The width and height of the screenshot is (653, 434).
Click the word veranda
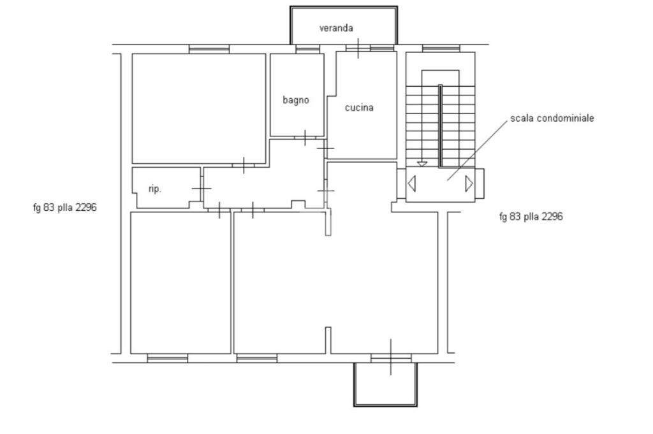[336, 28]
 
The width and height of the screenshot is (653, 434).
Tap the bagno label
[296, 100]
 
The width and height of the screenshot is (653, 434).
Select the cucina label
[359, 108]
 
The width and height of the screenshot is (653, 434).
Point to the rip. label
[154, 189]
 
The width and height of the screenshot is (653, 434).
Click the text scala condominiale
[552, 118]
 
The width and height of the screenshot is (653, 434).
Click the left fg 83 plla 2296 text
[64, 207]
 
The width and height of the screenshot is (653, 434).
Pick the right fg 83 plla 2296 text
[531, 217]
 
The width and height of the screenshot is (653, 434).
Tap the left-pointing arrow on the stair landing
[411, 184]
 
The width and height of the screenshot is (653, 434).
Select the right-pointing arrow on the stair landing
[469, 184]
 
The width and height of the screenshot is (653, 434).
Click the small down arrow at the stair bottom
[422, 164]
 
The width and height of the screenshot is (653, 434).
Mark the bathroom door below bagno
[305, 138]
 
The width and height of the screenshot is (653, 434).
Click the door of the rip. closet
[201, 189]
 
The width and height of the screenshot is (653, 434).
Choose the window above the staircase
[441, 48]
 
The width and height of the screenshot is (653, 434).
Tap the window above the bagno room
[308, 49]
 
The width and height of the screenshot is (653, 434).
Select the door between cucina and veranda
[358, 48]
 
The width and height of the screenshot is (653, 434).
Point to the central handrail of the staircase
[440, 126]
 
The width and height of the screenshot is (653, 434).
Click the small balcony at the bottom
[385, 405]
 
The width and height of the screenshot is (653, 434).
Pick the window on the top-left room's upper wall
[209, 49]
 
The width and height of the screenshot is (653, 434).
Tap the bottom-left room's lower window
[168, 358]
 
